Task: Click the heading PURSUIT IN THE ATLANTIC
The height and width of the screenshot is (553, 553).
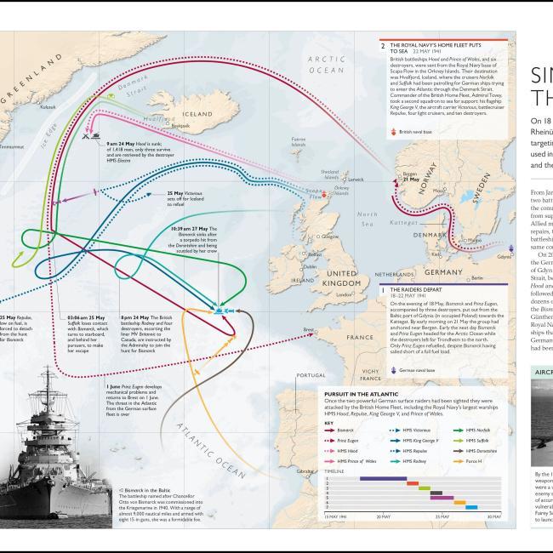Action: pos(367,394)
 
